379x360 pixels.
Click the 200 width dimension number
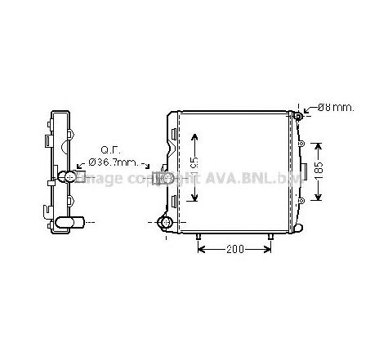[235, 249]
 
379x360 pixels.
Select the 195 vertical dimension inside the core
[194, 163]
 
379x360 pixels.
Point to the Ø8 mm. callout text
[337, 107]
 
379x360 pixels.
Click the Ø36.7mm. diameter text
[109, 162]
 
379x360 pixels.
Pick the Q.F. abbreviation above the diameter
[110, 150]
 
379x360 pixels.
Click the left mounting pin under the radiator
[198, 238]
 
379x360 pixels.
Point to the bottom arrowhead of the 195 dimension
[194, 198]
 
